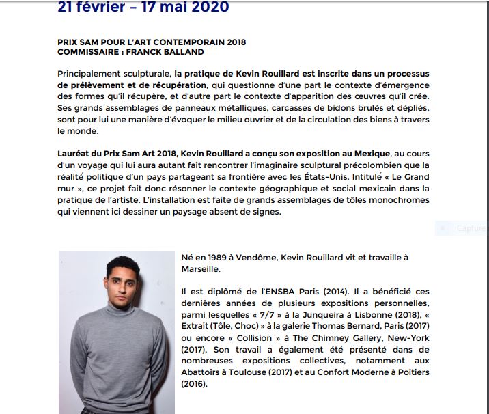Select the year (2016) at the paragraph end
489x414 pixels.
point(194,384)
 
